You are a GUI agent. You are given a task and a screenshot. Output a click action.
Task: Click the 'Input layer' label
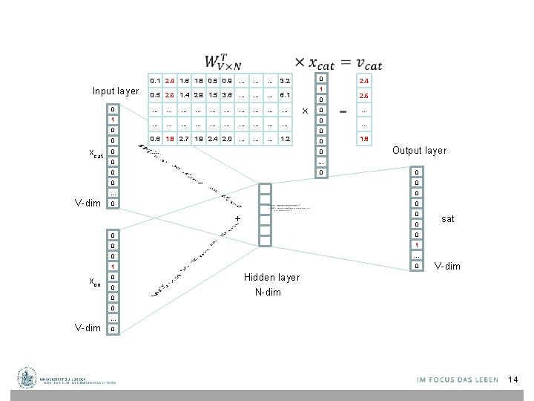pyautogui.click(x=116, y=91)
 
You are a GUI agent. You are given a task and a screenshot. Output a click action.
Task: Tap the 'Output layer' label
pyautogui.click(x=419, y=151)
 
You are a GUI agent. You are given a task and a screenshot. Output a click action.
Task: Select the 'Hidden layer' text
pyautogui.click(x=271, y=278)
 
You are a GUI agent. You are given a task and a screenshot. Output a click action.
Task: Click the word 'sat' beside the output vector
pyautogui.click(x=447, y=219)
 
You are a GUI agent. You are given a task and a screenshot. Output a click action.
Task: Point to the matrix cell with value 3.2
pyautogui.click(x=286, y=80)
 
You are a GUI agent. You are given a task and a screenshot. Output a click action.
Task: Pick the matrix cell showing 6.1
pyautogui.click(x=286, y=96)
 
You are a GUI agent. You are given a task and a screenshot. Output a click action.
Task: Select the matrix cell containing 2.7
pyautogui.click(x=184, y=139)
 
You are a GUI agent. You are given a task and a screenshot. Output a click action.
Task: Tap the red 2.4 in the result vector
pyautogui.click(x=363, y=81)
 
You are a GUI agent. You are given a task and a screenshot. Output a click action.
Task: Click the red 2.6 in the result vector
pyautogui.click(x=363, y=97)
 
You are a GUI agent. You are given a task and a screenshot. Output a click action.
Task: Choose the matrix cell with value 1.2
pyautogui.click(x=286, y=139)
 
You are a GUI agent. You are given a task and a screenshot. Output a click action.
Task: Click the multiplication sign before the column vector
pyautogui.click(x=305, y=111)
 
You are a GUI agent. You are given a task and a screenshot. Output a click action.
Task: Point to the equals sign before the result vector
pyautogui.click(x=343, y=111)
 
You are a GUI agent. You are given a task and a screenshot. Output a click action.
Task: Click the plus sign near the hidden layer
pyautogui.click(x=238, y=218)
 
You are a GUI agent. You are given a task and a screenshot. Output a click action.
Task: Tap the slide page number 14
pyautogui.click(x=512, y=380)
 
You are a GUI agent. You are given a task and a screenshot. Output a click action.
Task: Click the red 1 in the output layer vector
pyautogui.click(x=418, y=245)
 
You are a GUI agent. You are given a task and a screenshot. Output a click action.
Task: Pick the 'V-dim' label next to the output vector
pyautogui.click(x=447, y=266)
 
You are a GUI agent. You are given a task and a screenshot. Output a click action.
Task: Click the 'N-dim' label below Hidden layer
pyautogui.click(x=268, y=292)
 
